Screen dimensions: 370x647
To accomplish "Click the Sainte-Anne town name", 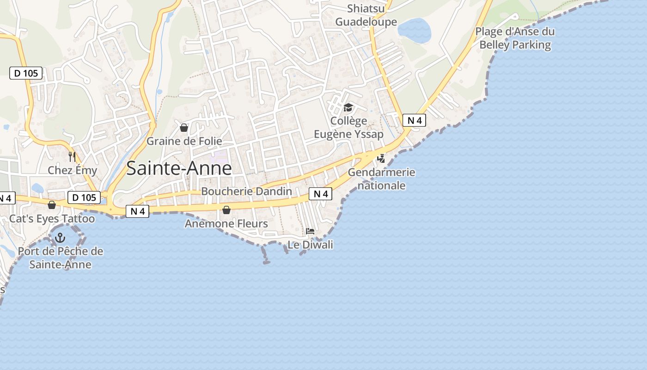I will tap(179, 168).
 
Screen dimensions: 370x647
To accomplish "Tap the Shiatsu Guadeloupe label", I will tap(366, 15).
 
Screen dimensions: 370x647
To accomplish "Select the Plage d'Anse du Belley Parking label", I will tap(515, 38).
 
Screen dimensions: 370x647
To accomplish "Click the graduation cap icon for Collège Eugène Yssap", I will tap(348, 108).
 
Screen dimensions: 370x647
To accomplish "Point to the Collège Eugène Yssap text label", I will tap(348, 128).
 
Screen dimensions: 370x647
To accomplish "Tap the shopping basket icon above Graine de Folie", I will tap(184, 128).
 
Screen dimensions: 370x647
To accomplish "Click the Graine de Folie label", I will tap(184, 141).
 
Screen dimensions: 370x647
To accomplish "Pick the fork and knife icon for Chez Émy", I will tap(72, 157).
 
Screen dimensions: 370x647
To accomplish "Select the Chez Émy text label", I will tap(73, 170).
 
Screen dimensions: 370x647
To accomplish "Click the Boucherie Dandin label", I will tap(246, 191).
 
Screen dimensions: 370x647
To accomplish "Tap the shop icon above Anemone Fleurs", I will tap(226, 210).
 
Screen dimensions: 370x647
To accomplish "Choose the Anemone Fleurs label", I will tap(226, 224).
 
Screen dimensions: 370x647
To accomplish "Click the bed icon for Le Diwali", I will tap(310, 231).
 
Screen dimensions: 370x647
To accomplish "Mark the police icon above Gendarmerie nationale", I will tap(381, 159).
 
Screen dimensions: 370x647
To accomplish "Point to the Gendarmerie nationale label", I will tap(382, 179).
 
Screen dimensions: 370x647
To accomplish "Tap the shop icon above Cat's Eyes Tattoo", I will tap(52, 205).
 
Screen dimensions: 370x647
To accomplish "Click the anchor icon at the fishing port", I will tap(60, 238).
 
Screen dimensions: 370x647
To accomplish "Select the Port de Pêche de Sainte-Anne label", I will tap(61, 258).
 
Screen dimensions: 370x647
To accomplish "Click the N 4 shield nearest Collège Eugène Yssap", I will tap(414, 120).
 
